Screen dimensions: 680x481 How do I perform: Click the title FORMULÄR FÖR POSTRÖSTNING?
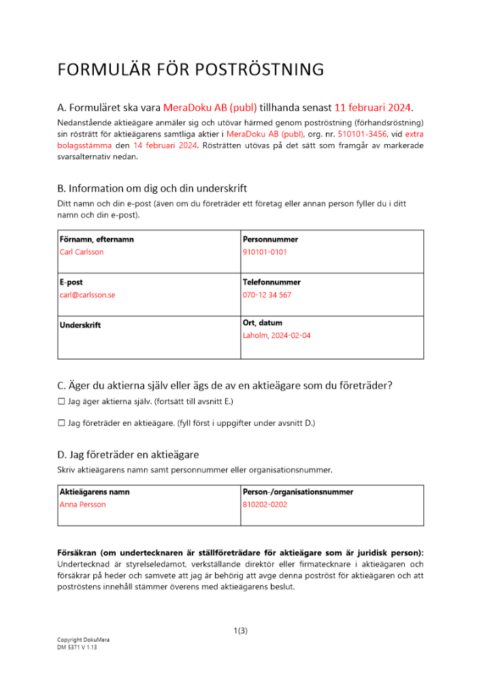click(x=190, y=70)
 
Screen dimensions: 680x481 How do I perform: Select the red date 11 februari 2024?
click(x=373, y=107)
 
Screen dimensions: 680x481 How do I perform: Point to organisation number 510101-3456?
click(x=361, y=135)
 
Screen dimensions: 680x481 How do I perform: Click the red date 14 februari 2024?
click(x=165, y=146)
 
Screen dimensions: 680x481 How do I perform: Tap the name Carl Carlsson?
click(x=82, y=252)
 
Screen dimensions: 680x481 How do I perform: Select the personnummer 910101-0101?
click(x=265, y=252)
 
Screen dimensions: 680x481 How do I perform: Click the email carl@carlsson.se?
click(x=88, y=294)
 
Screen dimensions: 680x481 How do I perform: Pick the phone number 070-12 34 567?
click(x=267, y=294)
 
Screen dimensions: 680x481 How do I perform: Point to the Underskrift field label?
click(x=80, y=325)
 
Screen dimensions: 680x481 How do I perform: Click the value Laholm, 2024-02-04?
click(x=276, y=335)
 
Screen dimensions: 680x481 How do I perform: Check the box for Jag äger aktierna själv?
click(x=61, y=403)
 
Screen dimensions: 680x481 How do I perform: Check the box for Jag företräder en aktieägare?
click(x=61, y=423)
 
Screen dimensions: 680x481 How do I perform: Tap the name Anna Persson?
click(x=83, y=505)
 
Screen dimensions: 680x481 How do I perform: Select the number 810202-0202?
click(x=265, y=505)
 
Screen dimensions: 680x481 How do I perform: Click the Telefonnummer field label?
click(x=271, y=282)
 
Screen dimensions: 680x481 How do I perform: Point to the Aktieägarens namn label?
click(x=95, y=492)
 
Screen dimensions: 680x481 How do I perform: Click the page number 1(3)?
click(x=240, y=631)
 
